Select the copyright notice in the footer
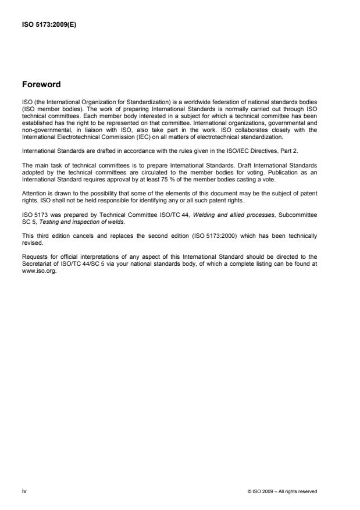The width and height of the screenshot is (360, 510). [x=282, y=492]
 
